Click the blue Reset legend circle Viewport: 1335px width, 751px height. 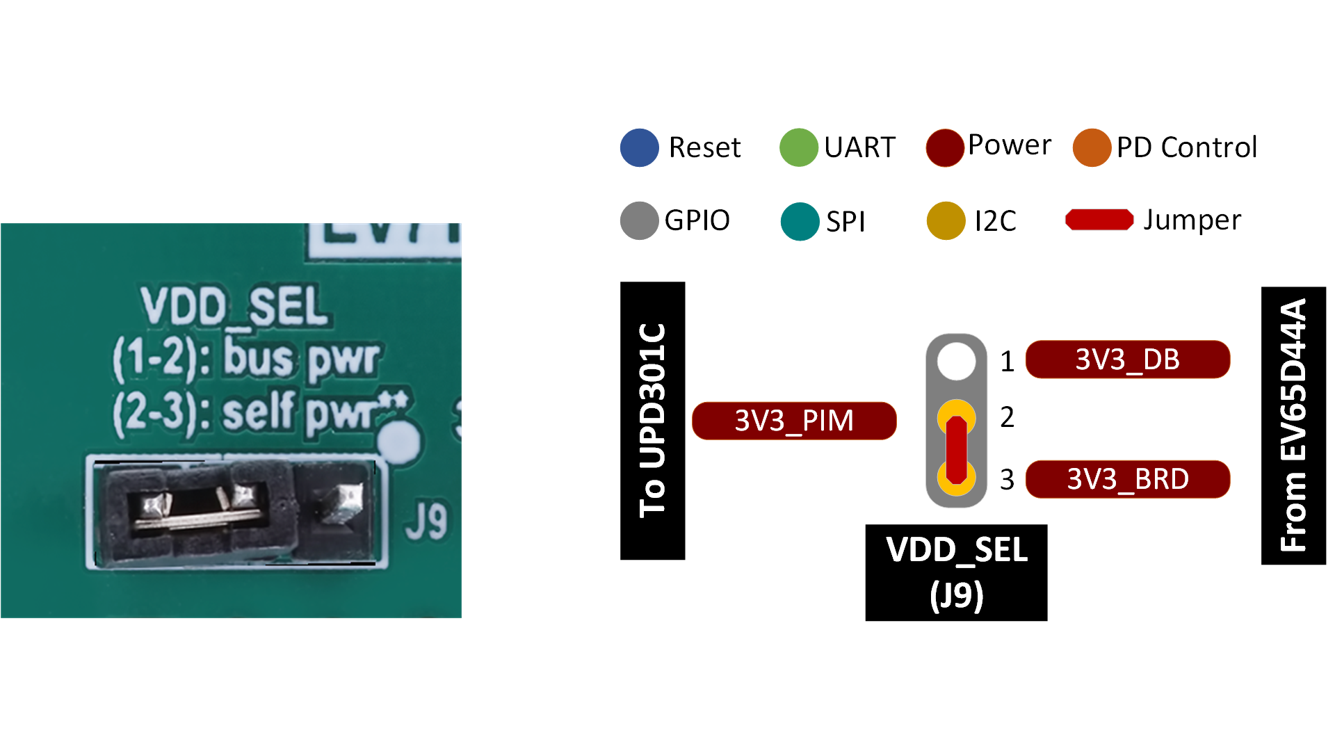[x=639, y=147]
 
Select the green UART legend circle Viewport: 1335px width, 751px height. [x=798, y=147]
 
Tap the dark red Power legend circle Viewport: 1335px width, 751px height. [x=944, y=147]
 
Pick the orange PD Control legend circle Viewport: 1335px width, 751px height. [x=1092, y=147]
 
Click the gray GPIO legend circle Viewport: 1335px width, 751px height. [x=639, y=220]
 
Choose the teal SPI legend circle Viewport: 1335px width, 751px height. [x=800, y=221]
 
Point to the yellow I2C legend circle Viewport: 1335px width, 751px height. [x=946, y=220]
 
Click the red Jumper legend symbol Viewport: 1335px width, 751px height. [x=1099, y=220]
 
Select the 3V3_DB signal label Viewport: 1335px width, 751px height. [x=1127, y=360]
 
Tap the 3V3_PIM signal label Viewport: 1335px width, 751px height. [x=794, y=421]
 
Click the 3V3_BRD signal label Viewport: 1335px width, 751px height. [x=1127, y=479]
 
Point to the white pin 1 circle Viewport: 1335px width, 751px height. [x=956, y=361]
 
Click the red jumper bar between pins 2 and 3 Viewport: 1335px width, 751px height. [x=956, y=449]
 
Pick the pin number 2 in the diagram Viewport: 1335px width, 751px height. [x=1007, y=417]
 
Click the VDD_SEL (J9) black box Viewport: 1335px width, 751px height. [x=956, y=572]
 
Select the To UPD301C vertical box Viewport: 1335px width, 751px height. [x=652, y=421]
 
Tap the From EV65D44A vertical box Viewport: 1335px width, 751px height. [x=1293, y=426]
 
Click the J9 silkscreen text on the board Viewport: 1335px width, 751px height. [x=426, y=521]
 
